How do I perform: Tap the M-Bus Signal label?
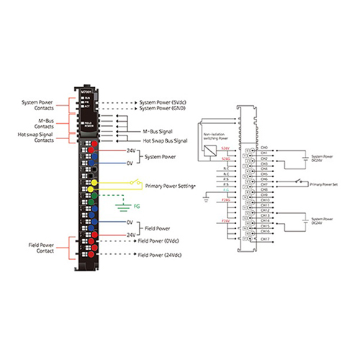(x=157, y=132)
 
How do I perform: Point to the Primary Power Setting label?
(x=170, y=184)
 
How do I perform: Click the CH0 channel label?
(x=264, y=147)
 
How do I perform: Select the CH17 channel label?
(x=265, y=238)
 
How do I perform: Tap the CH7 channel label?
(x=264, y=184)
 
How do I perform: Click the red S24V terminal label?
(x=226, y=147)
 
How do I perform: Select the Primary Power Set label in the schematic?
(x=323, y=185)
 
